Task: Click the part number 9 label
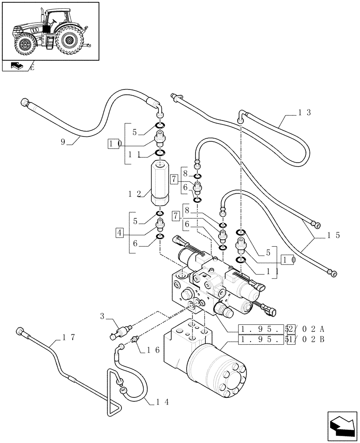[64, 142]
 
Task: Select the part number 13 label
[304, 113]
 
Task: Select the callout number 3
[102, 316]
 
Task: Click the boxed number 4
[119, 232]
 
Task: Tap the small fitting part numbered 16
[136, 339]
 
